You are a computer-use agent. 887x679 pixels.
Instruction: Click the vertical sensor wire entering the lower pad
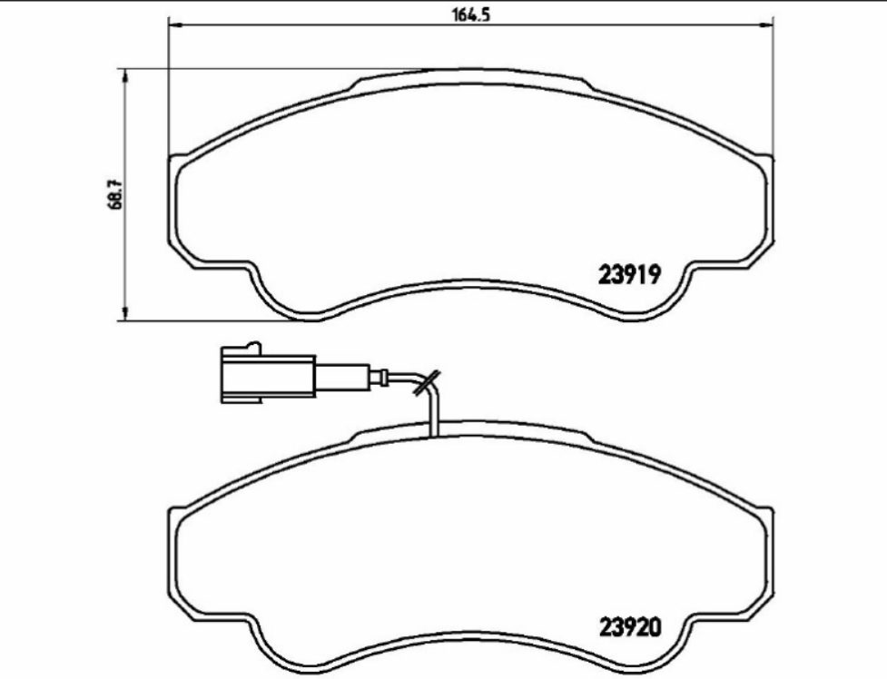434,413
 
